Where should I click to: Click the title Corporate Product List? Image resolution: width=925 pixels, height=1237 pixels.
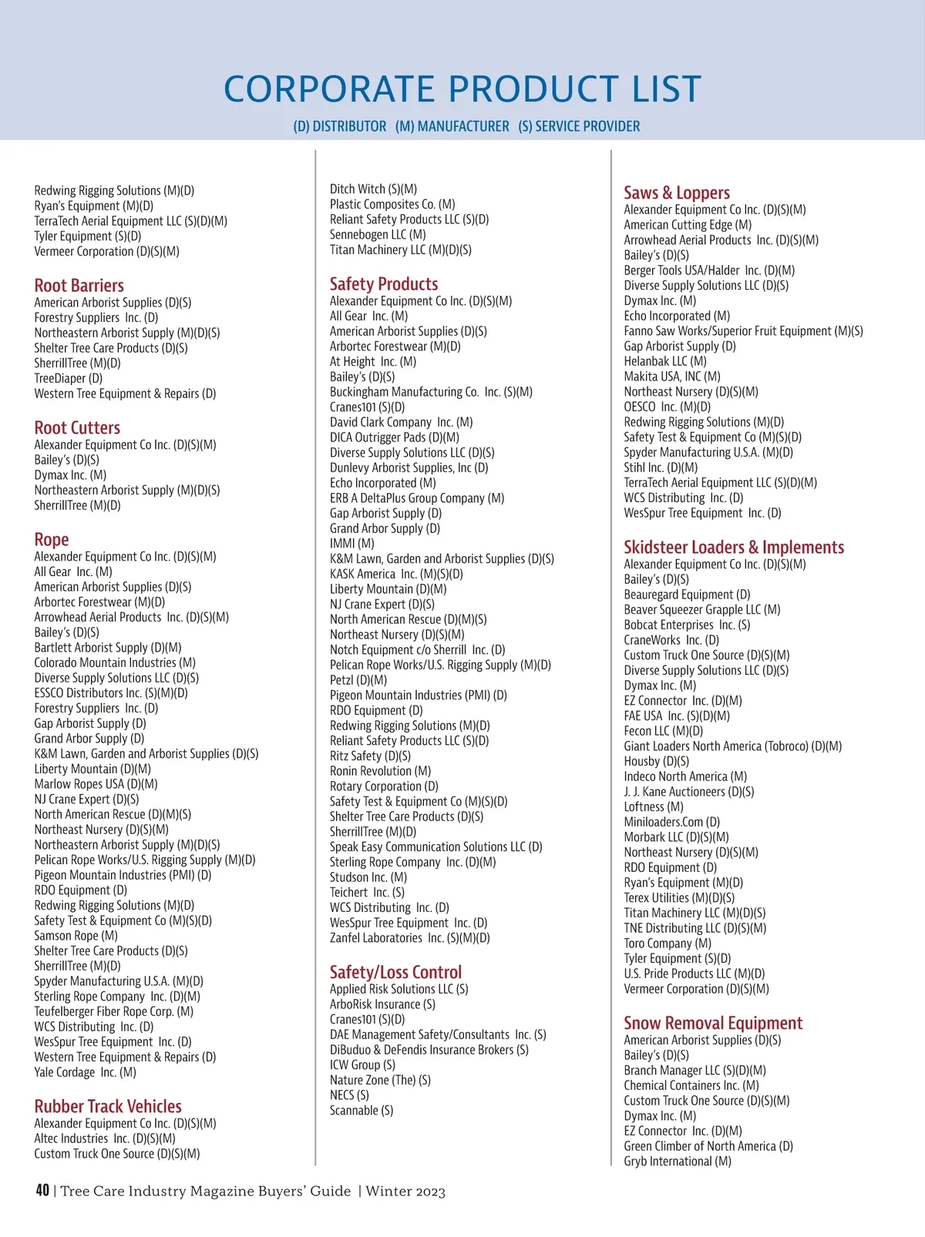pyautogui.click(x=462, y=89)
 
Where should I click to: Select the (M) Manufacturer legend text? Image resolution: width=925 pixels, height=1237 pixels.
pyautogui.click(x=452, y=126)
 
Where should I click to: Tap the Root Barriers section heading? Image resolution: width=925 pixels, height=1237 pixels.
pyautogui.click(x=79, y=286)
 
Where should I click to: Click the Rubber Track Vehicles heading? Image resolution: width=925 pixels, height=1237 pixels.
pyautogui.click(x=108, y=1107)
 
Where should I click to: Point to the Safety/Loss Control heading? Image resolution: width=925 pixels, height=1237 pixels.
pyautogui.click(x=395, y=973)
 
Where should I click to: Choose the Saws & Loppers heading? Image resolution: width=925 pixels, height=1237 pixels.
pyautogui.click(x=677, y=193)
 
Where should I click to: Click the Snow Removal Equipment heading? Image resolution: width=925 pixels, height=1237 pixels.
pyautogui.click(x=713, y=1024)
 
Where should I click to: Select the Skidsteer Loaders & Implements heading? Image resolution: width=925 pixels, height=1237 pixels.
pyautogui.click(x=734, y=548)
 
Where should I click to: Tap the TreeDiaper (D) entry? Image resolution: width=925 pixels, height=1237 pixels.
pyautogui.click(x=69, y=379)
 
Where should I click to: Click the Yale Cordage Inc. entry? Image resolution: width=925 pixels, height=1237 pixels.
pyautogui.click(x=85, y=1072)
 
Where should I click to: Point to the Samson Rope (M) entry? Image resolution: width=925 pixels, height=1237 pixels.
pyautogui.click(x=76, y=936)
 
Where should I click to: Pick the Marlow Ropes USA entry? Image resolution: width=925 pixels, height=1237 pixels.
pyautogui.click(x=96, y=784)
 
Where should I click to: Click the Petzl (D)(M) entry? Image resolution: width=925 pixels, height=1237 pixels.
pyautogui.click(x=358, y=680)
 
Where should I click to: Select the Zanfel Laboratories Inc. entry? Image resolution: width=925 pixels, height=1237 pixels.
pyautogui.click(x=409, y=938)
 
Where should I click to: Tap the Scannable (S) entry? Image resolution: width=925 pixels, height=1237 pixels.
pyautogui.click(x=362, y=1111)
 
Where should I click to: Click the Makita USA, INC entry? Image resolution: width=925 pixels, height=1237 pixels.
pyautogui.click(x=672, y=377)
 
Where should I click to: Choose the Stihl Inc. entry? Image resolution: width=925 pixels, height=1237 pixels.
pyautogui.click(x=661, y=468)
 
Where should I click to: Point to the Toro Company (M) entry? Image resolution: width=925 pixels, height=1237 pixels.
pyautogui.click(x=668, y=944)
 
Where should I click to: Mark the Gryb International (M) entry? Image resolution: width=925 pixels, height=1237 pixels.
pyautogui.click(x=678, y=1162)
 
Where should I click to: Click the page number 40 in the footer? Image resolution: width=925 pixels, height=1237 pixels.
pyautogui.click(x=42, y=1191)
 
